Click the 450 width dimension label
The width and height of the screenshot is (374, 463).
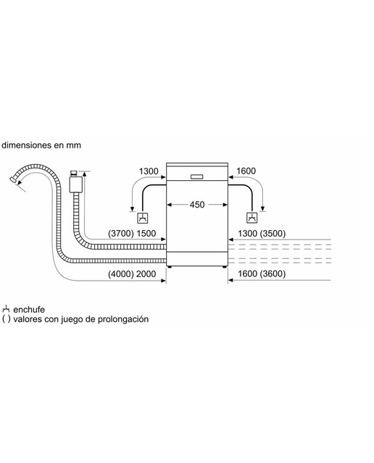pyautogui.click(x=196, y=204)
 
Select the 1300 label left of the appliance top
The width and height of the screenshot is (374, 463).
pyautogui.click(x=149, y=171)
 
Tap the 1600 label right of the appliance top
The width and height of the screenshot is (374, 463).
pyautogui.click(x=246, y=171)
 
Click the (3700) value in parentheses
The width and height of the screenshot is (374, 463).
pyautogui.click(x=121, y=233)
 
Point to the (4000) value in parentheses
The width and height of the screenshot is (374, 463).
pyautogui.click(x=121, y=273)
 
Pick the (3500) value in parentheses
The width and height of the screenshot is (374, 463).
pyautogui.click(x=273, y=233)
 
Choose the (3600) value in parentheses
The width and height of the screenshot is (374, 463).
pyautogui.click(x=273, y=273)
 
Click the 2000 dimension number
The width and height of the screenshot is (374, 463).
pyautogui.click(x=146, y=273)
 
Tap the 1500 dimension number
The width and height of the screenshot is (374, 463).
pyautogui.click(x=146, y=233)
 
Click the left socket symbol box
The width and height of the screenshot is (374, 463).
pyautogui.click(x=143, y=218)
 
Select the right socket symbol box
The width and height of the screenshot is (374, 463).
pyautogui.click(x=252, y=218)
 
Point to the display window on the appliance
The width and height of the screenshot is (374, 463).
pyautogui.click(x=196, y=177)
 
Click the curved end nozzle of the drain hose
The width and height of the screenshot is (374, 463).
pyautogui.click(x=13, y=179)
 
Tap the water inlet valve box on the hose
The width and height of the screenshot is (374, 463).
pyautogui.click(x=75, y=184)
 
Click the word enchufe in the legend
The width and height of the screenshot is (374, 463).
pyautogui.click(x=29, y=310)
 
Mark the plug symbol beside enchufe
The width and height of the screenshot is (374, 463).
pyautogui.click(x=6, y=309)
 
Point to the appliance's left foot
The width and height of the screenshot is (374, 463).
pyautogui.click(x=170, y=267)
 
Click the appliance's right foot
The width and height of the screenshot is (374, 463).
pyautogui.click(x=225, y=267)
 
